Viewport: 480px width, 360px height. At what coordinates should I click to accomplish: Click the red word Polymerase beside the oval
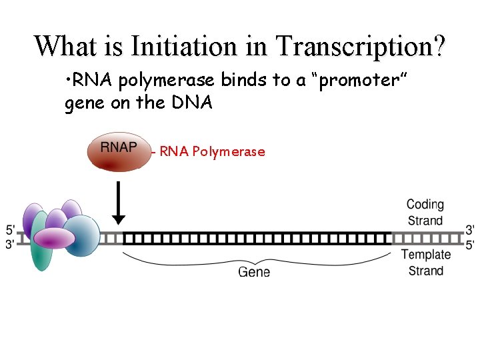(x=228, y=152)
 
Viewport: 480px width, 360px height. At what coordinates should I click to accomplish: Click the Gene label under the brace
(x=254, y=271)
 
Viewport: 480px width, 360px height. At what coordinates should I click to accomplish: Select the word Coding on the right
(x=425, y=204)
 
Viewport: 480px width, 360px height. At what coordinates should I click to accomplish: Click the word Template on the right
(x=425, y=254)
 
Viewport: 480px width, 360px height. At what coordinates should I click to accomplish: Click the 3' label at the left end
(x=11, y=245)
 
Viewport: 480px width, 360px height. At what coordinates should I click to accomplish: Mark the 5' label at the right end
(x=469, y=245)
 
